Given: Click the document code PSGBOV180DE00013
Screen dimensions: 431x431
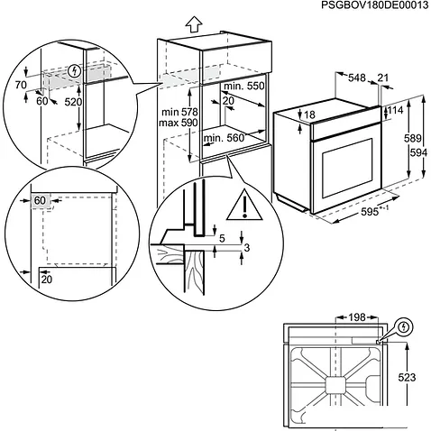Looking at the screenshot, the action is (x=375, y=5).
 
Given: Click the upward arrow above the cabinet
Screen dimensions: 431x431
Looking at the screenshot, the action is (x=194, y=24).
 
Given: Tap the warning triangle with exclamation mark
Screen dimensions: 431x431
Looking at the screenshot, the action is (x=244, y=205).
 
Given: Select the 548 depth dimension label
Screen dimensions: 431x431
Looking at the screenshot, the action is (x=357, y=78).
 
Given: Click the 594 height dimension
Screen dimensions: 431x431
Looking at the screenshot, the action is (x=418, y=153).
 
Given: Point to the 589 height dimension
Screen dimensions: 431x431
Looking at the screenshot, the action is (x=413, y=139).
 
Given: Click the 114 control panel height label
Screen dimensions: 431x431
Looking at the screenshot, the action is (x=395, y=110).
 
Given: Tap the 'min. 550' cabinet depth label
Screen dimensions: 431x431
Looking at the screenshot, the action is (x=243, y=87).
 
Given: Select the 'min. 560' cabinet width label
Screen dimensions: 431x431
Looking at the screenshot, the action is (x=224, y=138).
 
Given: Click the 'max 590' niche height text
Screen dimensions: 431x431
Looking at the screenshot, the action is (x=179, y=123).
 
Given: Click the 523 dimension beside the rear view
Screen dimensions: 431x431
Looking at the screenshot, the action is (x=407, y=377).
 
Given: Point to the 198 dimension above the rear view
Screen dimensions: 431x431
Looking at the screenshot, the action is (x=357, y=317).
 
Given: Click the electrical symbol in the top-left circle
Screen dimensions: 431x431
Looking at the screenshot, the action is (x=75, y=71).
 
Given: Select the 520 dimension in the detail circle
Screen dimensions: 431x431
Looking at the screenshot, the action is (x=73, y=102).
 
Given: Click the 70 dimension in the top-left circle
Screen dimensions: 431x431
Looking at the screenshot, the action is (x=21, y=86).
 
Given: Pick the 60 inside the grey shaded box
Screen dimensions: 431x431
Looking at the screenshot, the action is (x=40, y=200).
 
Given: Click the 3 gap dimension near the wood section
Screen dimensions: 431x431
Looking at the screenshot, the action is (x=246, y=248).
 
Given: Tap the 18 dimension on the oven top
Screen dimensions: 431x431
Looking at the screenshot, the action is (x=309, y=115).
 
